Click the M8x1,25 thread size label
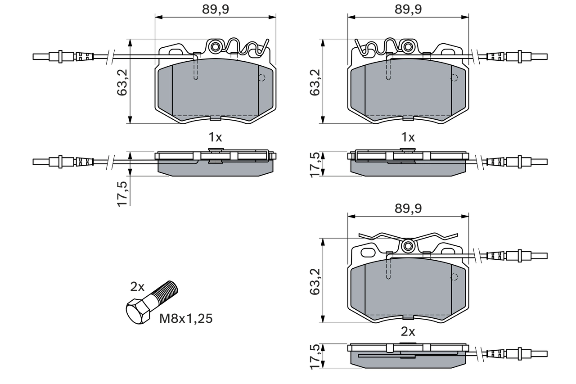click(186, 319)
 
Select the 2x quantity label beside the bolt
click(137, 287)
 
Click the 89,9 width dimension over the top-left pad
click(215, 10)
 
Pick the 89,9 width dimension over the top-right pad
click(408, 10)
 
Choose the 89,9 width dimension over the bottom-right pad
click(408, 208)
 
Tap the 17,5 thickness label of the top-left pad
click(122, 191)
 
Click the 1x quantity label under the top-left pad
click(215, 137)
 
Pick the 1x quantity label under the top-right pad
click(408, 137)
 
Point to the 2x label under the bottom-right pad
click(408, 332)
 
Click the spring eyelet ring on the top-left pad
click(215, 46)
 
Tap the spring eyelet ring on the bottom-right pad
click(409, 246)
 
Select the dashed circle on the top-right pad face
click(454, 78)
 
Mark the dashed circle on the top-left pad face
click(261, 78)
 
